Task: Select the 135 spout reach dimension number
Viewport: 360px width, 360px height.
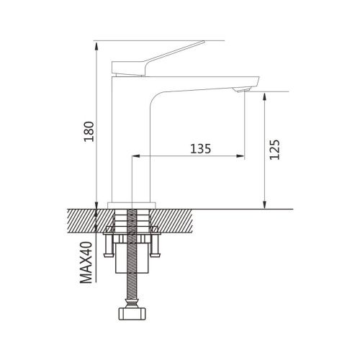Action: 200,149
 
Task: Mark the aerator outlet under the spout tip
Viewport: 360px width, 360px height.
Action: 243,89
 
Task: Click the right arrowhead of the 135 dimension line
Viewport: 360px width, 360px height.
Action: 241,156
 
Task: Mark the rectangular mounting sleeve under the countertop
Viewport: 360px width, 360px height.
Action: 132,263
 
